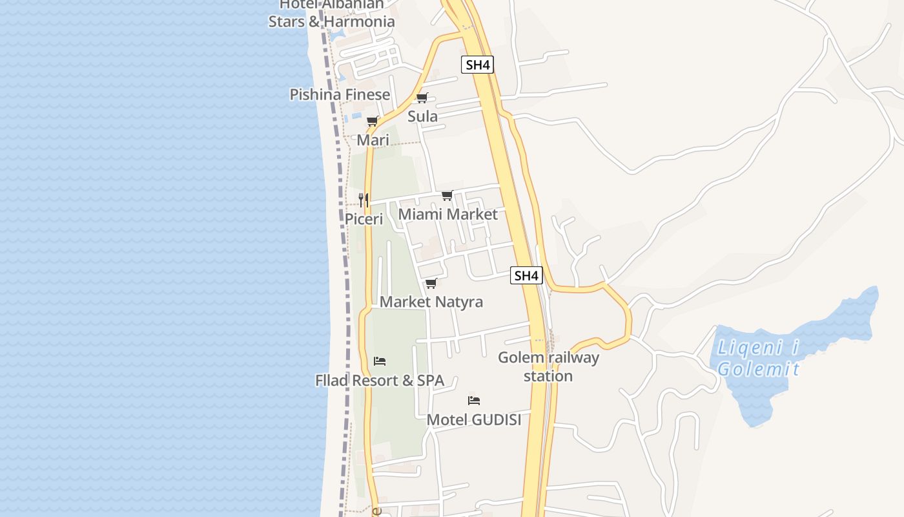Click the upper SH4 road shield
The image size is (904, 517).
tap(478, 65)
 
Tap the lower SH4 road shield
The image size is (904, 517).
tap(526, 276)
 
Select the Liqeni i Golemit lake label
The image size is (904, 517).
tap(758, 359)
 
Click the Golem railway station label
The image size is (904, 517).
tap(548, 366)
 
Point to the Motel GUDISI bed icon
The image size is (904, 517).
tap(474, 401)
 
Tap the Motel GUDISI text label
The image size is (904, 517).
tap(474, 419)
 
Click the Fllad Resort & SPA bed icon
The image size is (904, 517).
tap(380, 361)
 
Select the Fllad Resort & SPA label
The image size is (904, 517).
tap(380, 381)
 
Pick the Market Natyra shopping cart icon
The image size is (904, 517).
tap(431, 284)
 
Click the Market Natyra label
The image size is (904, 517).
tap(431, 302)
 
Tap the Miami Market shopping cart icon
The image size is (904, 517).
tap(447, 196)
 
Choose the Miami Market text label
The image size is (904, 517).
tap(448, 214)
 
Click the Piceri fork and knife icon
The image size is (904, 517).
tap(364, 200)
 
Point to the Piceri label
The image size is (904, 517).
tap(364, 219)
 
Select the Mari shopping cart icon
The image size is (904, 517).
tap(372, 121)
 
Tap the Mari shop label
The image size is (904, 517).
tap(373, 140)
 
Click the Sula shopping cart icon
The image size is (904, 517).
tap(422, 98)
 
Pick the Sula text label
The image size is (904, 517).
tap(422, 116)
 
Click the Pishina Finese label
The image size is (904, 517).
tap(340, 94)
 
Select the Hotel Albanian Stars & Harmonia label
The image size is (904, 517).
tap(331, 13)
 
